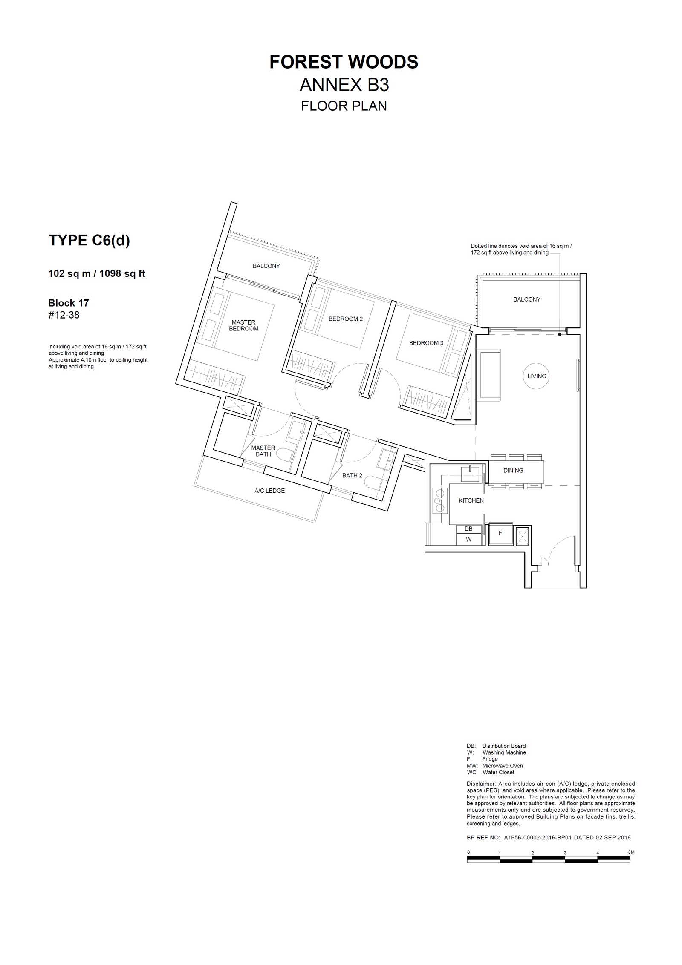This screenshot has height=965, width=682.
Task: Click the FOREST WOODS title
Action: [x=344, y=62]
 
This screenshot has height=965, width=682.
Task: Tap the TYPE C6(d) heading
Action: [x=89, y=241]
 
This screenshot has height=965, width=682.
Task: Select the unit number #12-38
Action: [x=64, y=315]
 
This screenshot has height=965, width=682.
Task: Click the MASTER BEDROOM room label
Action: [x=243, y=325]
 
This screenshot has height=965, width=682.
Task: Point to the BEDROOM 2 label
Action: [x=346, y=319]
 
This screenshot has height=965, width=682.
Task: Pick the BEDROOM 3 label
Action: [x=426, y=343]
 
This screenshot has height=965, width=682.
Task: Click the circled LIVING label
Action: [x=537, y=376]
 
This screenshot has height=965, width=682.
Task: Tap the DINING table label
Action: [x=513, y=471]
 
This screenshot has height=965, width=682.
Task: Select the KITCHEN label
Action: [x=471, y=500]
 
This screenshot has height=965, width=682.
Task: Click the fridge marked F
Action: [x=500, y=533]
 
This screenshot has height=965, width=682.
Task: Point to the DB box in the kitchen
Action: [x=468, y=529]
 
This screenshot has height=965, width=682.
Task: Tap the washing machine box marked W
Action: [x=468, y=540]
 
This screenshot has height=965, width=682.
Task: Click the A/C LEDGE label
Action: [x=269, y=491]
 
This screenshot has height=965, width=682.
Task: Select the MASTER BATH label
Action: [x=263, y=451]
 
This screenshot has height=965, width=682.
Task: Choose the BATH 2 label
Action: [x=352, y=475]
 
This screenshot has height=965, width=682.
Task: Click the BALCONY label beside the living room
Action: [x=527, y=299]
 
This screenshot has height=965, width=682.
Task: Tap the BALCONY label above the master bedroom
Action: [x=266, y=266]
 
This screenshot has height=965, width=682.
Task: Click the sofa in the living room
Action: [x=490, y=375]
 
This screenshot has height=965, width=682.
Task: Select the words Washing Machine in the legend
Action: [x=504, y=752]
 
